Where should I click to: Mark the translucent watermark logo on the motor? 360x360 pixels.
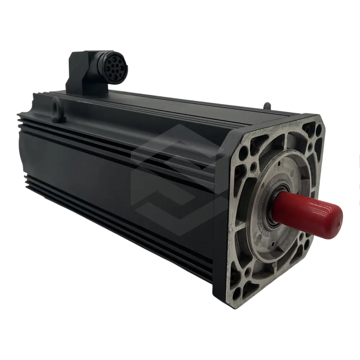(170, 177)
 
